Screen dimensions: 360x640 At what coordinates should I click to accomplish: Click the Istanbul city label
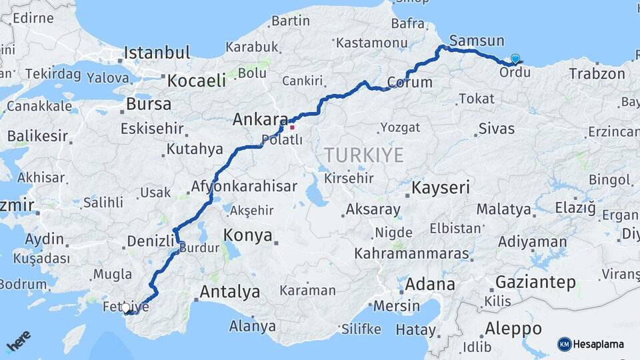157,53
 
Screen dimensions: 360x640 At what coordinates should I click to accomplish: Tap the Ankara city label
261,121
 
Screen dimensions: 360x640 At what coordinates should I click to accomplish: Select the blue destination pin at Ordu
515,59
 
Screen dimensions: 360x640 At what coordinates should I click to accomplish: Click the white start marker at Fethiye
125,308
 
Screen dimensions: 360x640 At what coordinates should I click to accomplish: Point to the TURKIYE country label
364,156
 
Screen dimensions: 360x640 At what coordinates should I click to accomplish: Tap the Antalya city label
229,291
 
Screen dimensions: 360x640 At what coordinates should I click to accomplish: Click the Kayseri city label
441,187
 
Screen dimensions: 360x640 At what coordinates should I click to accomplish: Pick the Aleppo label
513,329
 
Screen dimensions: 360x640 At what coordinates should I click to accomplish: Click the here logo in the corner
19,341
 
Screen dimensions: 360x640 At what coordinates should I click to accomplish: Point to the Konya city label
248,235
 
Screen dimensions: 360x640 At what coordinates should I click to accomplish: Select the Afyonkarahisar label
244,187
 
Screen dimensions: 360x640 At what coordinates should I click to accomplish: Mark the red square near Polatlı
292,127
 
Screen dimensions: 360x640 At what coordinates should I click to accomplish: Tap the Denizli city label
150,241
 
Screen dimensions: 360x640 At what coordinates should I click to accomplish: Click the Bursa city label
149,105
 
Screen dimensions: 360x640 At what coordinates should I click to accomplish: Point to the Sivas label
497,129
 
